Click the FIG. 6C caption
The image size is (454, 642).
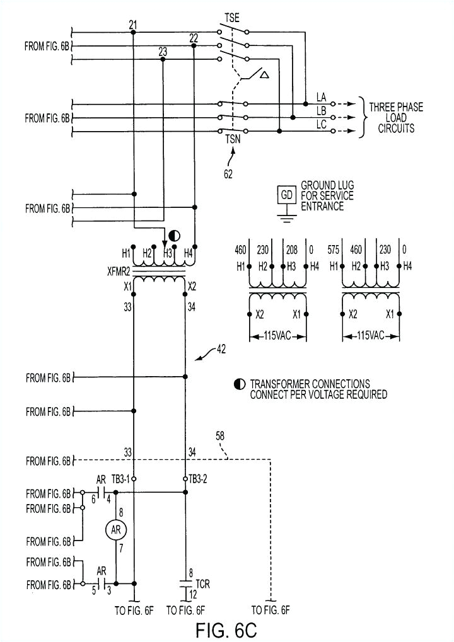coord(226,629)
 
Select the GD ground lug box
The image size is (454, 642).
coord(287,195)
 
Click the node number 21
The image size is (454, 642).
coord(133,25)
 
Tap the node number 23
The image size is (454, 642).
coord(163,52)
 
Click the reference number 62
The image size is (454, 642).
coord(228,174)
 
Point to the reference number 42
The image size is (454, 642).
coord(219,348)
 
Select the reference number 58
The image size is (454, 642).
coord(219,435)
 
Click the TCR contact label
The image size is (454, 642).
coord(203,585)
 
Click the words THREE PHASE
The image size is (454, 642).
coord(396,107)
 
